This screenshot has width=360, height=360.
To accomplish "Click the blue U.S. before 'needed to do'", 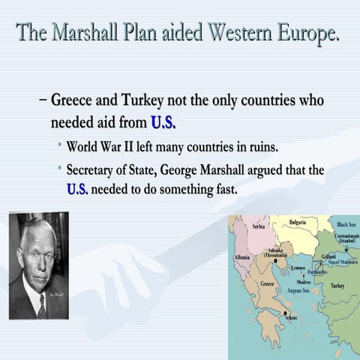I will coord(77,190).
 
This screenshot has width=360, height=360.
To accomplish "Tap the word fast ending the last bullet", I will coord(223,190).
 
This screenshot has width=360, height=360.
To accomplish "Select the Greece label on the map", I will coord(268,284).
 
